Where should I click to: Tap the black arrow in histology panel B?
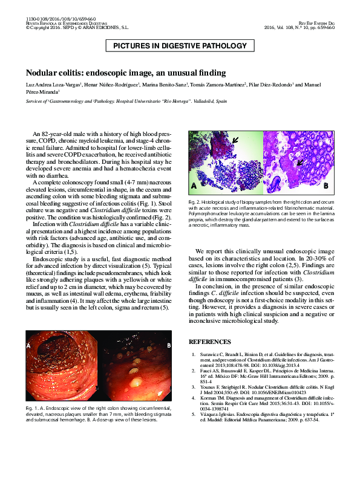point(298,163)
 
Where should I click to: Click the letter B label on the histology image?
point(325,184)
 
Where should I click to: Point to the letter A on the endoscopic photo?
point(28,345)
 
